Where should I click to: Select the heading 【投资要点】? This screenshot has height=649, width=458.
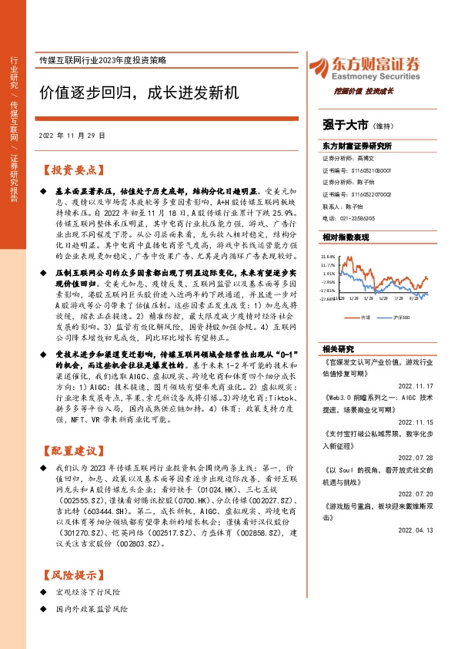pos(72,170)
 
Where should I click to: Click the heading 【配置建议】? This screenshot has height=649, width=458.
pos(72,450)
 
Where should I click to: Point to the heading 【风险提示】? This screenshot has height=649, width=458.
pos(72,574)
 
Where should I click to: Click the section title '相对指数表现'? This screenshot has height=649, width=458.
pos(346,237)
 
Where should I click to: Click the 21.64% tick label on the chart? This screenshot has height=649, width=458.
pos(329,256)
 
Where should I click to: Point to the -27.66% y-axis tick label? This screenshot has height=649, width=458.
pos(329,300)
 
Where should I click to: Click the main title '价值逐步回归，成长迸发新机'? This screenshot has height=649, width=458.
pos(140,93)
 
